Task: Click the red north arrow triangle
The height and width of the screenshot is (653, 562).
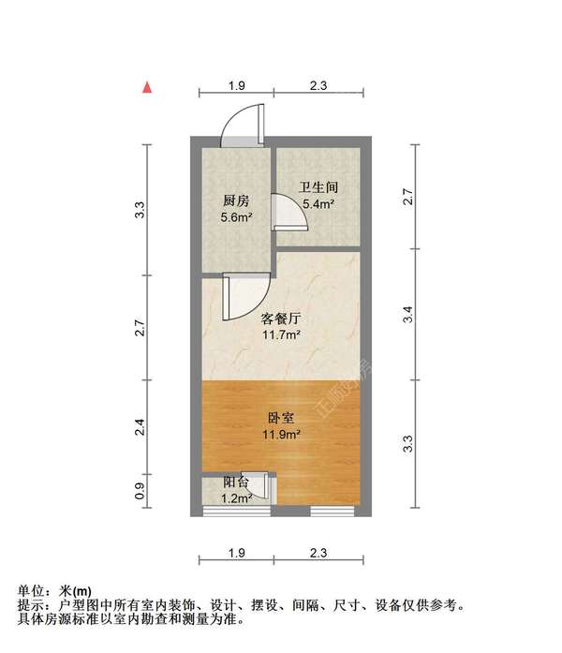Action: [x=147, y=87]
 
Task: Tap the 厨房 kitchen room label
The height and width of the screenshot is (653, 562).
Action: [x=236, y=201]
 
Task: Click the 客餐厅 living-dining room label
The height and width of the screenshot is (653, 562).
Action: [x=280, y=319]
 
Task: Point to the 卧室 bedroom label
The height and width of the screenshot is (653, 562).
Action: [x=280, y=418]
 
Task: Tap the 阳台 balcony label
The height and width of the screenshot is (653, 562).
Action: [x=236, y=483]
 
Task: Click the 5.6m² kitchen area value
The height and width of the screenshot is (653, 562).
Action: [x=236, y=218]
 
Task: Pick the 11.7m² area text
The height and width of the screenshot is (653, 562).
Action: [x=280, y=335]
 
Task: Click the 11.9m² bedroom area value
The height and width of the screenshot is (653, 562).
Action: [x=280, y=435]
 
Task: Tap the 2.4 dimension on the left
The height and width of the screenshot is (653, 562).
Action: [x=140, y=429]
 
